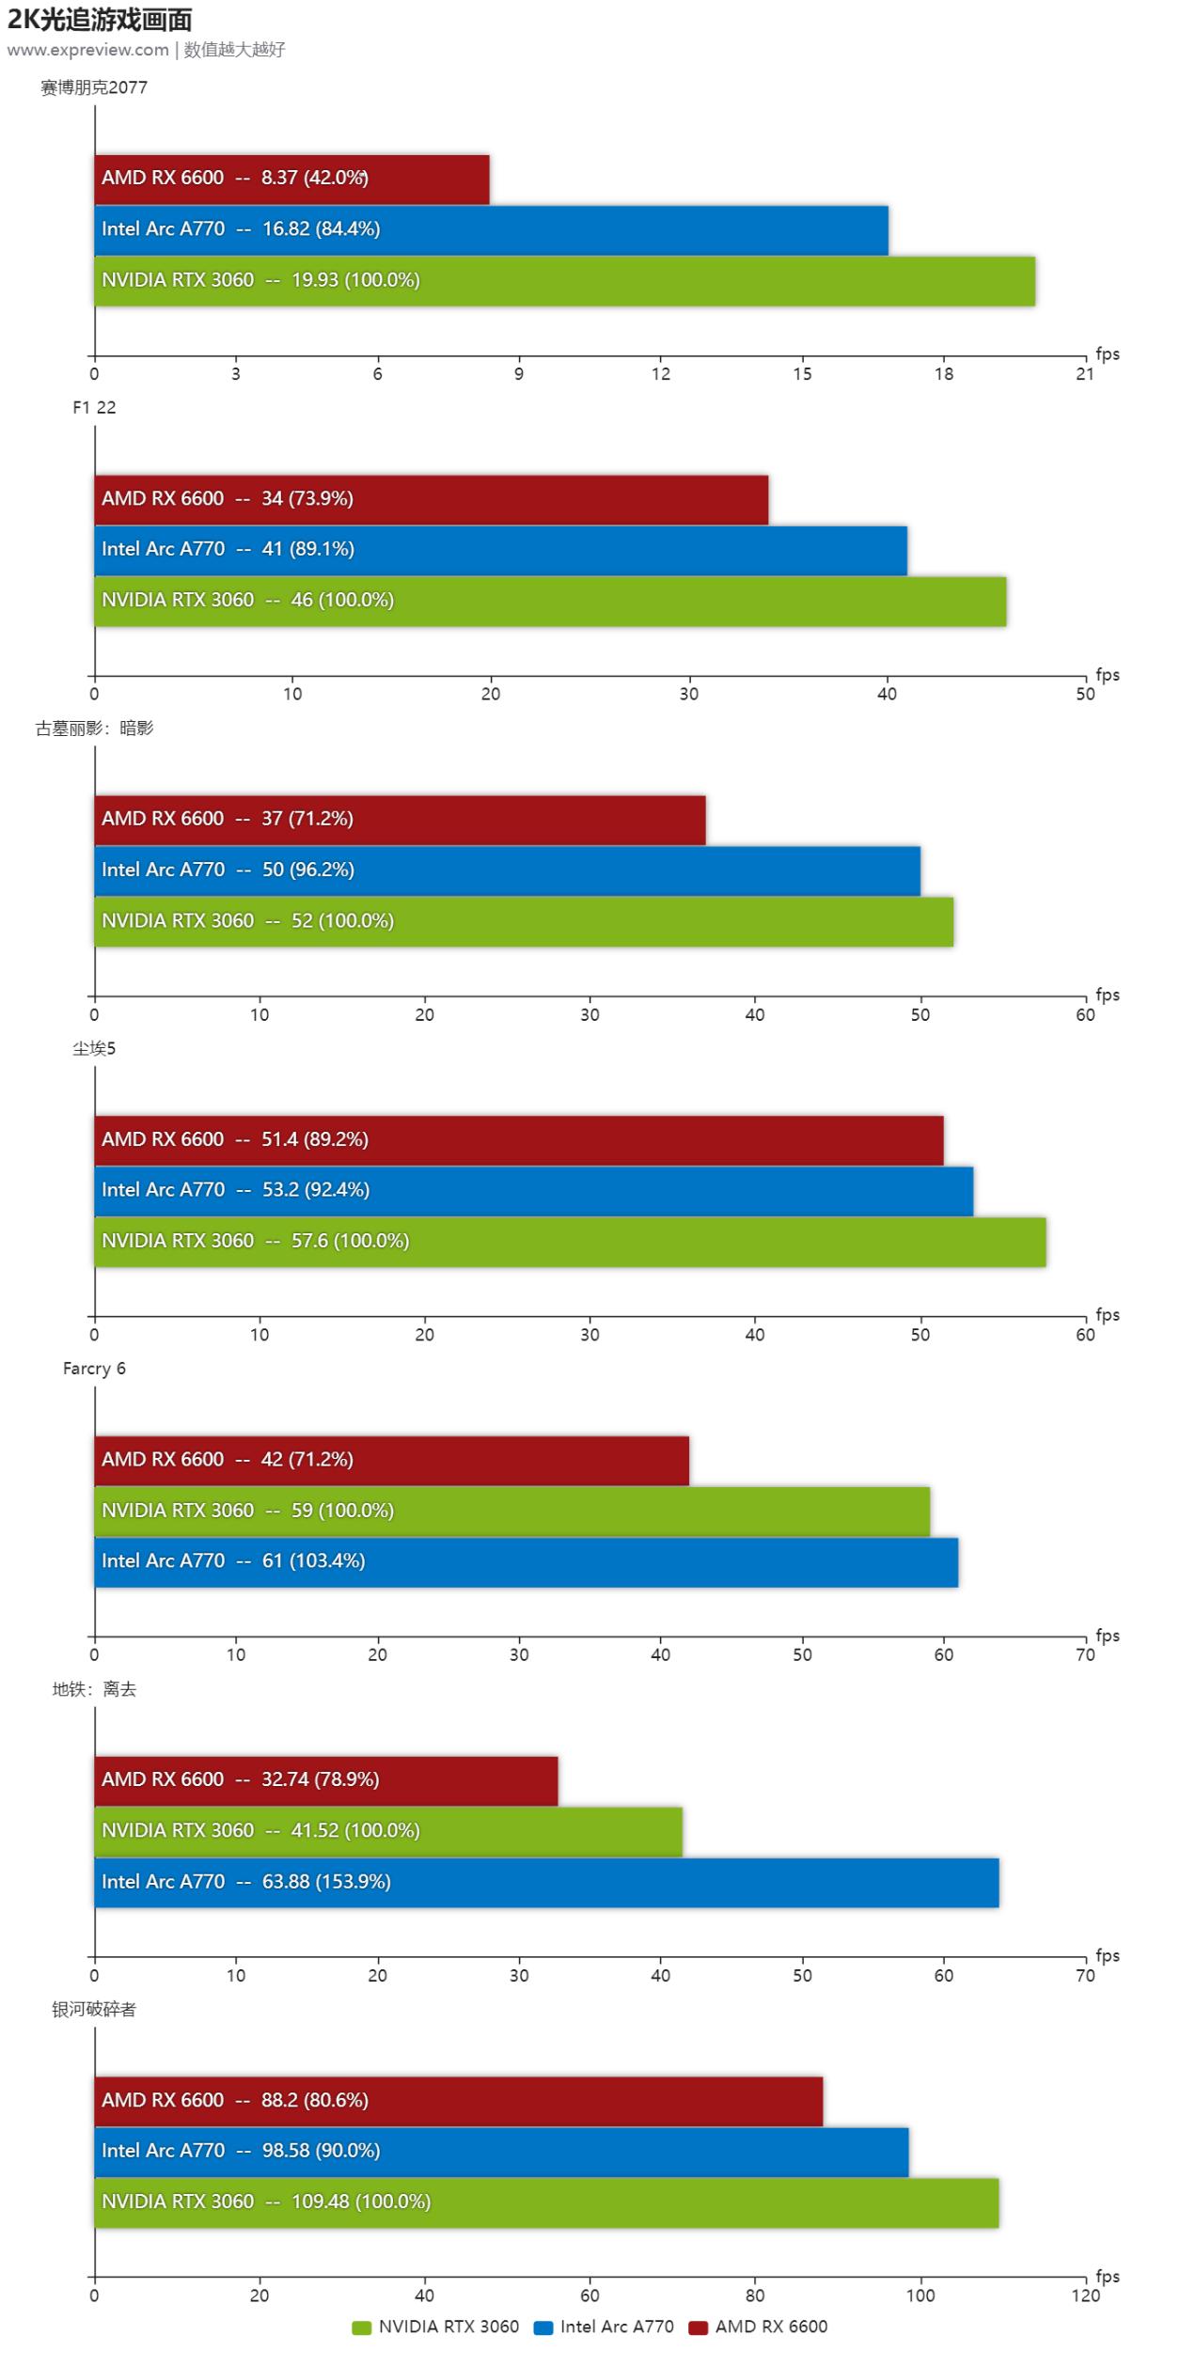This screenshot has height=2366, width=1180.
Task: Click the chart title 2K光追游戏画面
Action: pyautogui.click(x=100, y=19)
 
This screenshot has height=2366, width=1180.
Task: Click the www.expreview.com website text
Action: pyautogui.click(x=87, y=50)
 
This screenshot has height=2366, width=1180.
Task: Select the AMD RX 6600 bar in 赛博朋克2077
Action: pyautogui.click(x=291, y=179)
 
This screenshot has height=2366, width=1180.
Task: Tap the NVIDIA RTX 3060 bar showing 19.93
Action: pyautogui.click(x=564, y=280)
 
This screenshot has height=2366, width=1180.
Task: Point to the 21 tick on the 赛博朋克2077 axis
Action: pyautogui.click(x=1085, y=374)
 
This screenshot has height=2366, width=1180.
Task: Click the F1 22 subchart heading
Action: pyautogui.click(x=94, y=407)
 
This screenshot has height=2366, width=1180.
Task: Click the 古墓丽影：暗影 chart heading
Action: pyautogui.click(x=94, y=728)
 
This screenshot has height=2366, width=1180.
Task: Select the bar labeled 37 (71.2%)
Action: pyautogui.click(x=400, y=819)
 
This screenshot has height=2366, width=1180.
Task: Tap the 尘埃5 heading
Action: pyautogui.click(x=94, y=1048)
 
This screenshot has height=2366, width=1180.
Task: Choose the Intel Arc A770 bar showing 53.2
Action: pyautogui.click(x=533, y=1190)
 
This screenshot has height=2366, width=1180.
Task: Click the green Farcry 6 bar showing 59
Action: pyautogui.click(x=511, y=1511)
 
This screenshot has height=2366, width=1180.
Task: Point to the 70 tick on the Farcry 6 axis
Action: pyautogui.click(x=1085, y=1655)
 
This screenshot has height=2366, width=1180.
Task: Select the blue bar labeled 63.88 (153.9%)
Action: pyautogui.click(x=545, y=1882)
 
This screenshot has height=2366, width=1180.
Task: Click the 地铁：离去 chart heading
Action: pyautogui.click(x=94, y=1689)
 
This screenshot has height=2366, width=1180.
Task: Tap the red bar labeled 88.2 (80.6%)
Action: pyautogui.click(x=458, y=2100)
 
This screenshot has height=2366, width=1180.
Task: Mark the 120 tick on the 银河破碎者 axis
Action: pyautogui.click(x=1085, y=2295)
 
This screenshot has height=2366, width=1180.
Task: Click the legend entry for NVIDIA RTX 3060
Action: pyautogui.click(x=436, y=2327)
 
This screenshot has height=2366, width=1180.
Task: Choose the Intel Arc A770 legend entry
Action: pyautogui.click(x=605, y=2327)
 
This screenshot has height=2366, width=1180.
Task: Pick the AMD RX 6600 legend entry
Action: pyautogui.click(x=759, y=2327)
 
